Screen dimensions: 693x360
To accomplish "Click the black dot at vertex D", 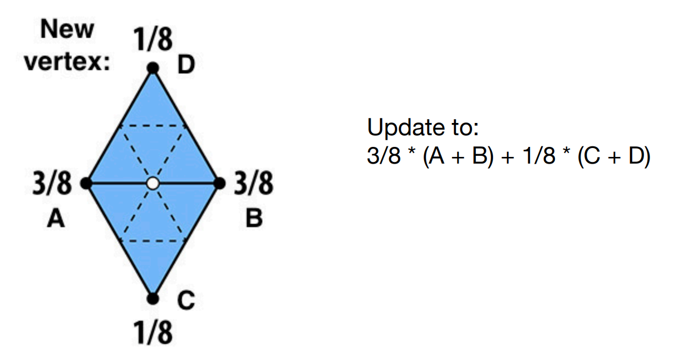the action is [x=153, y=68].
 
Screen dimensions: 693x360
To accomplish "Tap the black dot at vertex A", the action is [x=86, y=183].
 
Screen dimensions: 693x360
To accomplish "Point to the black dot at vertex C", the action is [x=153, y=299].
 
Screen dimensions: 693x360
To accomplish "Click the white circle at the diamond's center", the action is [x=153, y=183].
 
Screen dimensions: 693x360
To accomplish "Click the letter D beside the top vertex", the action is [x=185, y=67].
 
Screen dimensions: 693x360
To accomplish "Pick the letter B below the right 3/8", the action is [x=254, y=219].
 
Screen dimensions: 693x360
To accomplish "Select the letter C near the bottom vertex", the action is [x=186, y=301].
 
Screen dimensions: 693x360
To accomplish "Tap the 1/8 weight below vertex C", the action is [x=153, y=333].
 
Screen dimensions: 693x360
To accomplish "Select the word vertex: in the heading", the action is [x=66, y=62].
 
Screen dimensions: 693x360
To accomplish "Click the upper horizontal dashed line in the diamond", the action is [x=153, y=125].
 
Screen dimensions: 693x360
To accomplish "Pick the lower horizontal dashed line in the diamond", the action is [x=153, y=241].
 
